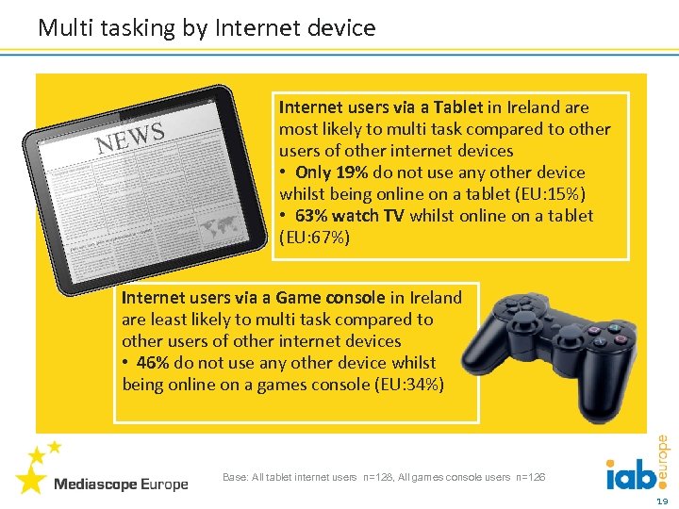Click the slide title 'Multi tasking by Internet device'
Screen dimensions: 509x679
[207, 28]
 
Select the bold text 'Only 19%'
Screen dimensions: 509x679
[332, 172]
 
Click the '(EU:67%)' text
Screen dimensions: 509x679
[314, 238]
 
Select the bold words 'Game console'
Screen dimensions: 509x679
[330, 298]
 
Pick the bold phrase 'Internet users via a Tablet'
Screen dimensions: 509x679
[381, 107]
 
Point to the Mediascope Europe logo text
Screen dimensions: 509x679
[121, 484]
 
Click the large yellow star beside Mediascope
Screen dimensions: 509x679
[31, 480]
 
